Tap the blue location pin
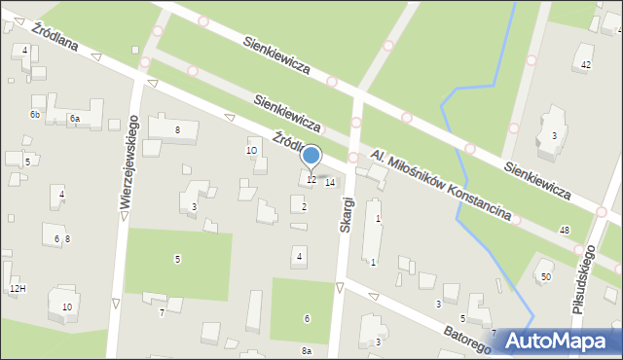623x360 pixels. click(x=311, y=157)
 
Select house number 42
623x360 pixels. click(x=585, y=64)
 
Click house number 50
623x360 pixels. click(x=545, y=277)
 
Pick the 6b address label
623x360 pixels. click(x=34, y=115)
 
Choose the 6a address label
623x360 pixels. click(x=74, y=118)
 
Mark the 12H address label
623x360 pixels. click(x=17, y=289)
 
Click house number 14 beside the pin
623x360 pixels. click(x=330, y=183)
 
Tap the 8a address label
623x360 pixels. click(x=306, y=350)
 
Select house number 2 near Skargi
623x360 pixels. click(x=305, y=206)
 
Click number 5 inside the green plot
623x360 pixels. click(x=177, y=259)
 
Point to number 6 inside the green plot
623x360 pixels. click(x=307, y=319)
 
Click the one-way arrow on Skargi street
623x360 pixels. click(x=340, y=287)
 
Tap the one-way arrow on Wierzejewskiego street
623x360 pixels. click(x=116, y=304)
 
